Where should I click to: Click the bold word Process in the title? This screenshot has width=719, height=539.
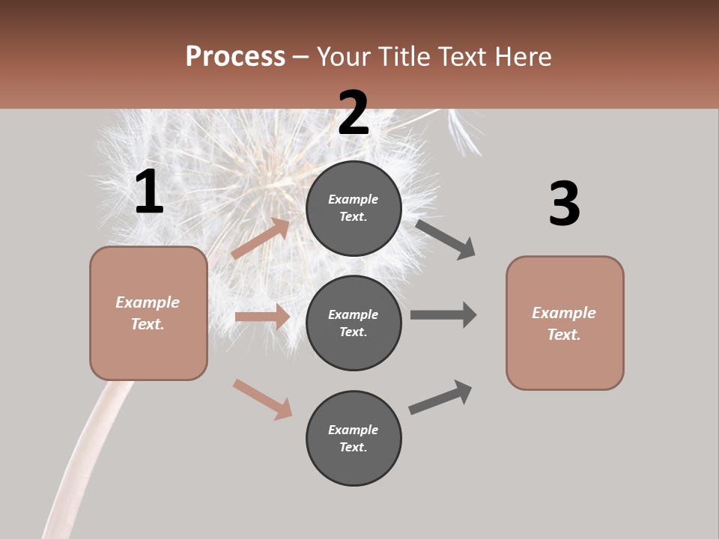(x=235, y=56)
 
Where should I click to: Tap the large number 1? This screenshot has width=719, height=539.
(x=149, y=192)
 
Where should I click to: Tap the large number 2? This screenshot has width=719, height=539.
(x=353, y=113)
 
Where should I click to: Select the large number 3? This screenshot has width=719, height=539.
(x=564, y=204)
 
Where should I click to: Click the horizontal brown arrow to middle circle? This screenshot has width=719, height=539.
(x=262, y=317)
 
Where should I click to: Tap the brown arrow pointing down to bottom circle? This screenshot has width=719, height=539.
(x=262, y=399)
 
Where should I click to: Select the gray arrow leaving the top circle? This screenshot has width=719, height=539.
(x=446, y=239)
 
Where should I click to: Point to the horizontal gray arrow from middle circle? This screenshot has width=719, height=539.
(x=443, y=314)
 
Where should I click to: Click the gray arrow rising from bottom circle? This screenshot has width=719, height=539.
(x=440, y=398)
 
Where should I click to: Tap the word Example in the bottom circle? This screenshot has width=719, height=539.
(x=353, y=430)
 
